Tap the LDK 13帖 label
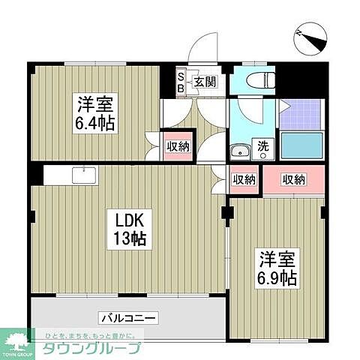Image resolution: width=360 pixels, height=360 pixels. click(x=129, y=229)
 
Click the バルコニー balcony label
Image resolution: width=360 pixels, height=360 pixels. click(x=127, y=318)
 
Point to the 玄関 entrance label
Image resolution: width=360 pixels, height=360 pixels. click(x=205, y=81)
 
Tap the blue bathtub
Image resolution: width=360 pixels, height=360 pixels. click(x=304, y=146)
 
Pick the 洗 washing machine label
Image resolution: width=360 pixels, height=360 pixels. click(x=264, y=145)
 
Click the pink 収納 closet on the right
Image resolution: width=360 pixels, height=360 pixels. click(x=294, y=179)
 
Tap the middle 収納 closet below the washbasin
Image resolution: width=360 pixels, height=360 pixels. click(x=243, y=179)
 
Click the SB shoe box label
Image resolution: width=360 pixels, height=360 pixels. click(x=181, y=80)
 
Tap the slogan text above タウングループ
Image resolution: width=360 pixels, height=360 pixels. click(x=89, y=335)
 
